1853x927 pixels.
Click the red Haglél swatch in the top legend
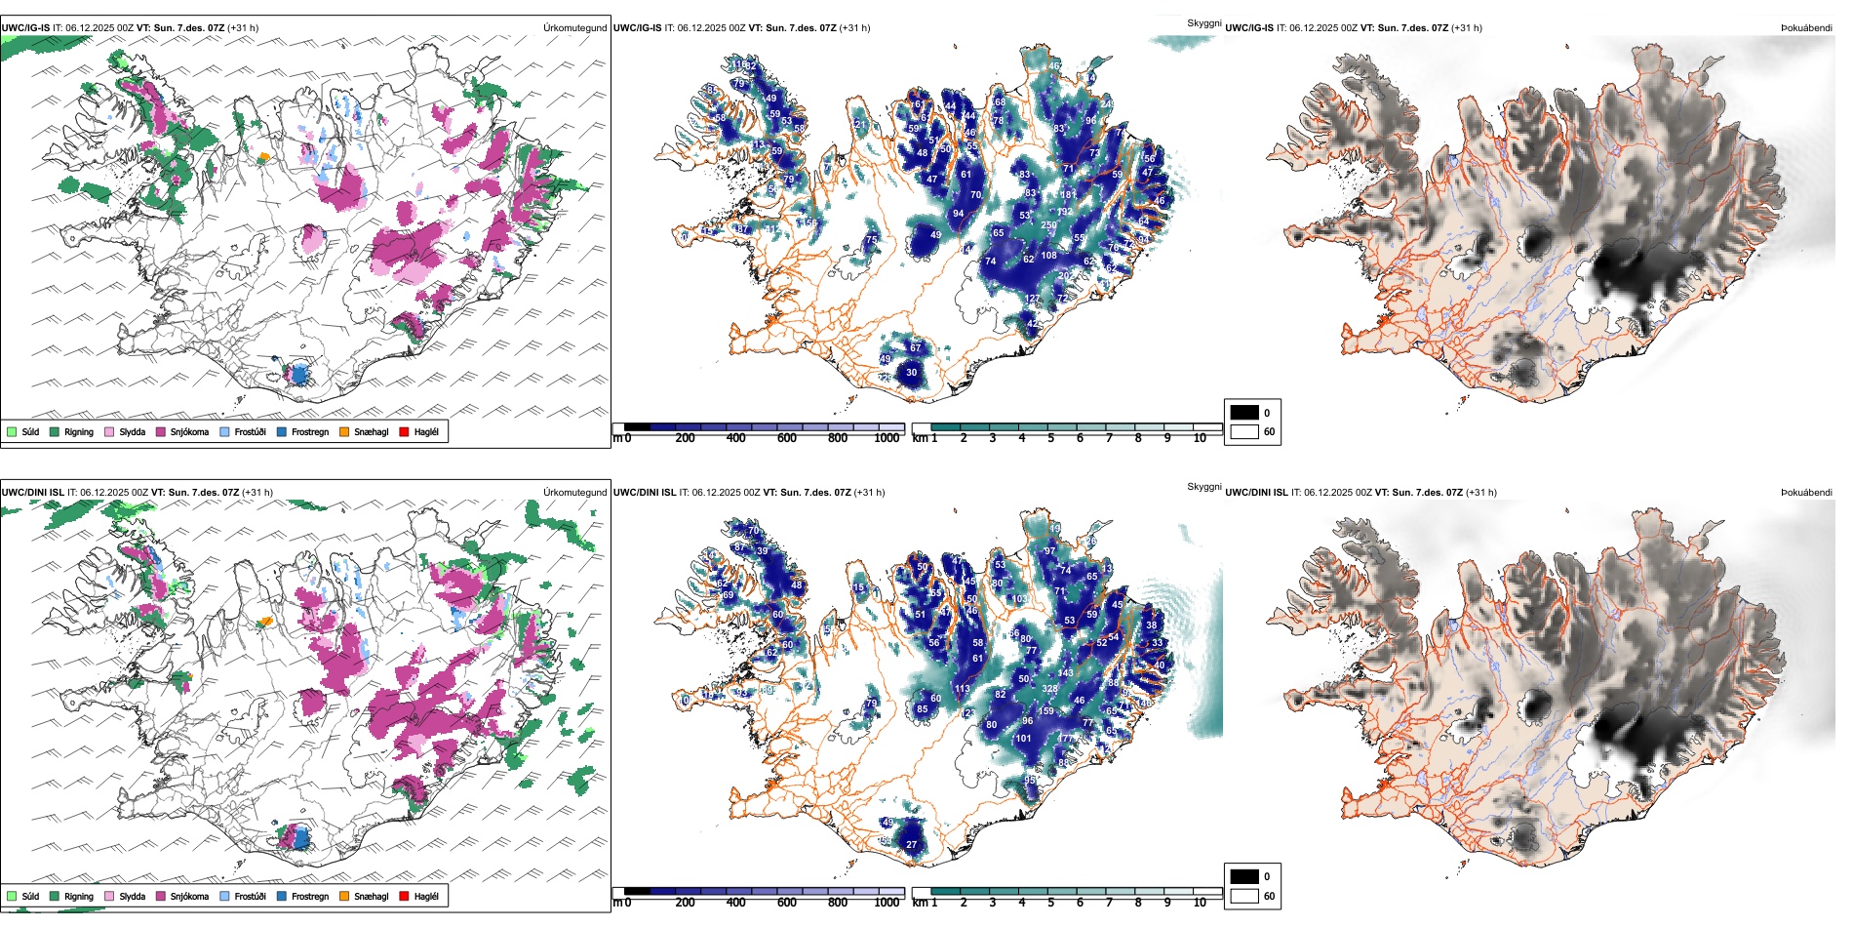point(404,431)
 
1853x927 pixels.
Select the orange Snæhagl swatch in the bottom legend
point(344,896)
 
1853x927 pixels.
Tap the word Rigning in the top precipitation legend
point(79,431)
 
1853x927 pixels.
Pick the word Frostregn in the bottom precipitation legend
point(310,896)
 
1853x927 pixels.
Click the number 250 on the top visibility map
point(1048,225)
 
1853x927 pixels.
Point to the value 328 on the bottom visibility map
point(1049,689)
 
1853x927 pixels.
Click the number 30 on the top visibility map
point(911,372)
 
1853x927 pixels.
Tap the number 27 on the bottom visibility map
point(911,845)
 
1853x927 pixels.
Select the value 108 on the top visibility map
point(1048,256)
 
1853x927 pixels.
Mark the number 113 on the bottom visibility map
point(963,689)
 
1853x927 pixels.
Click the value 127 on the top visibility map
point(1033,300)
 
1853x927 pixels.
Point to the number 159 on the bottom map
point(1046,711)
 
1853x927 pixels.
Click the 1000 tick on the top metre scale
point(887,438)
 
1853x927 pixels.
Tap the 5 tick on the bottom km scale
point(1050,903)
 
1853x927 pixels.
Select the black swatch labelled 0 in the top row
point(1244,413)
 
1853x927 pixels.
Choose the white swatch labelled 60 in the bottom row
point(1244,896)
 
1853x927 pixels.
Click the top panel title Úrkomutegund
point(574,28)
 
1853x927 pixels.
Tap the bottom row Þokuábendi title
point(1806,493)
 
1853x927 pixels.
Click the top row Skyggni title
point(1203,23)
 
